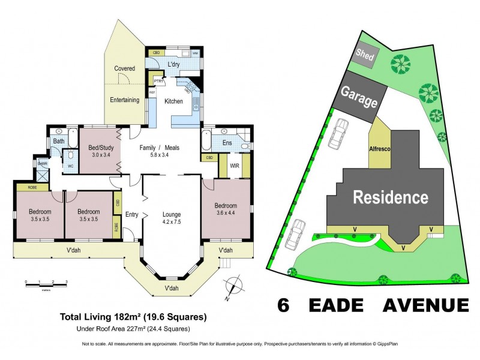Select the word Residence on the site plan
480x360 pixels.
point(390,197)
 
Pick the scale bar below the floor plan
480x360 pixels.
point(46,282)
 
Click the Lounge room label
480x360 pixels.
point(172,214)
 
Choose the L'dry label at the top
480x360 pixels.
point(175,64)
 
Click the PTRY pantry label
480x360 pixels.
point(158,80)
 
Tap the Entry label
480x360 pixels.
point(132,214)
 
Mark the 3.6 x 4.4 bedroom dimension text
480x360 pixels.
point(226,213)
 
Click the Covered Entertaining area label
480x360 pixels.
point(125,84)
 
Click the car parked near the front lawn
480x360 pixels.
point(295,234)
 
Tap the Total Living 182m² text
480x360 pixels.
point(133,316)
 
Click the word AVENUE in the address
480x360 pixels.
point(419,305)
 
